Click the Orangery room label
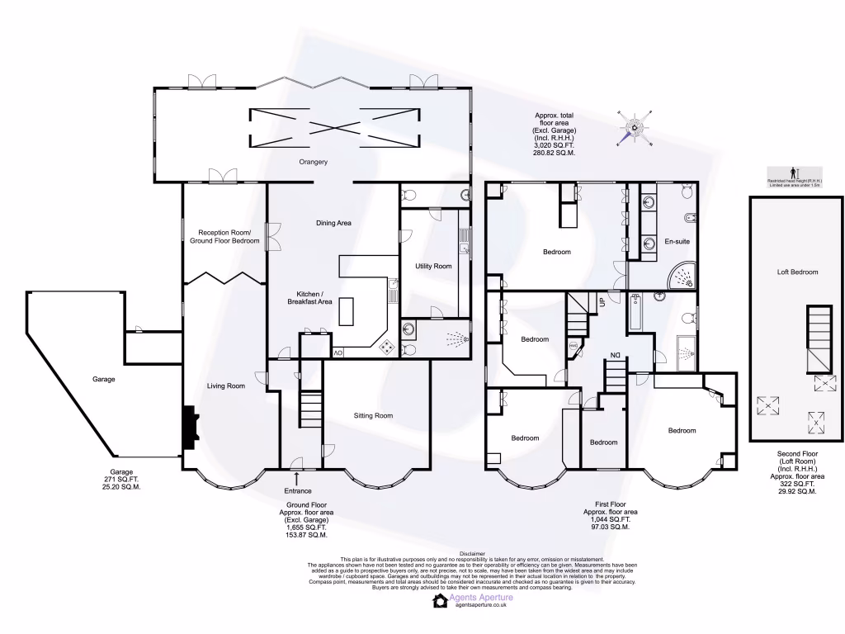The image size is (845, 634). tap(314, 162)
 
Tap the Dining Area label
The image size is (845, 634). tap(333, 223)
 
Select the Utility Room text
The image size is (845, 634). tap(433, 266)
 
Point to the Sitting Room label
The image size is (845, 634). tap(373, 415)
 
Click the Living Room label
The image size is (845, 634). tap(225, 386)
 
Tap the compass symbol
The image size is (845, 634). tap(634, 126)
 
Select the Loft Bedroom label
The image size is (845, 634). tap(797, 272)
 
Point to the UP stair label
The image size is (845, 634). tap(602, 302)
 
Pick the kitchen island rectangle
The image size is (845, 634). tap(347, 310)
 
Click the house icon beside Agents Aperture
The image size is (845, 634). tap(440, 601)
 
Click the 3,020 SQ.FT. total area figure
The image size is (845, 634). tap(554, 145)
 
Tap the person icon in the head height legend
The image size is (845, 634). tap(794, 172)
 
